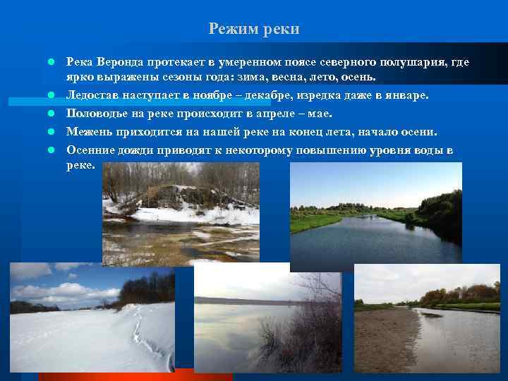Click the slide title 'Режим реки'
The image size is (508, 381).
click(254, 29)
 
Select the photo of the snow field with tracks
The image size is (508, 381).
click(92, 317)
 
